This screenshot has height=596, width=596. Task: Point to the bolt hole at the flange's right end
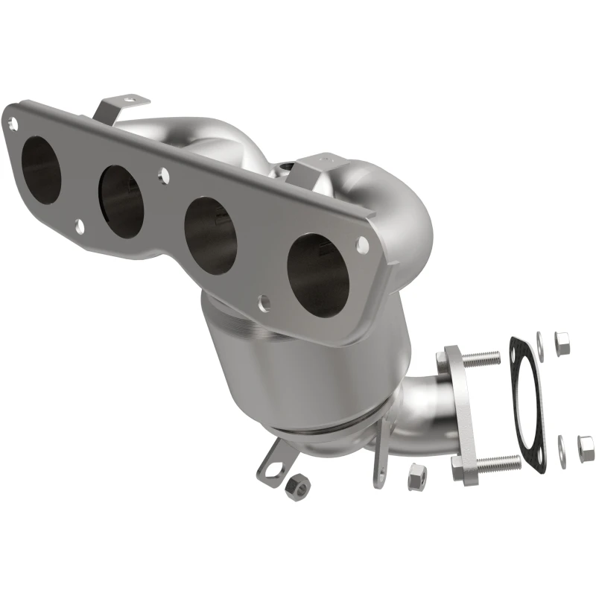point(362,243)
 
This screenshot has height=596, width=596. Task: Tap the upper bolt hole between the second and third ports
point(162,176)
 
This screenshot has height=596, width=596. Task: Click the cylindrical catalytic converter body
point(298,372)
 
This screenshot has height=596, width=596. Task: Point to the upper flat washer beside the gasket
point(542,349)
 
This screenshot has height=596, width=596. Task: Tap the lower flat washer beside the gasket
point(560,451)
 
